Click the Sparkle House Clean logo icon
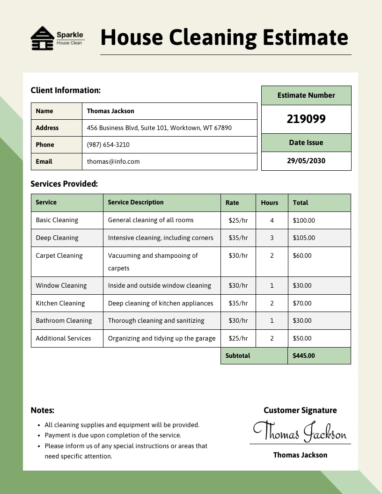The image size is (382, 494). tap(42, 38)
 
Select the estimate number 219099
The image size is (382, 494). tap(306, 119)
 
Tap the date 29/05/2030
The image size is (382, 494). tap(306, 161)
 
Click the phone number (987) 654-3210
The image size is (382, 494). tap(108, 145)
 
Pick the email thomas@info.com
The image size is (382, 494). tap(113, 161)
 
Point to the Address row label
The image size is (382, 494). tap(47, 128)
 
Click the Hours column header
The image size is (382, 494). tap(269, 203)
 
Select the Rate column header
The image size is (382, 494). tap(232, 203)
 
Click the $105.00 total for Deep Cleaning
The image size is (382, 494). tap(304, 238)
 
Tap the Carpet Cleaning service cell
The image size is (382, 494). tap(59, 255)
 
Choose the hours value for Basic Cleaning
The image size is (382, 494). tap(272, 220)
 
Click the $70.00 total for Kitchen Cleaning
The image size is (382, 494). tap(302, 303)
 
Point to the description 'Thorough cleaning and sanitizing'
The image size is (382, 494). tap(156, 320)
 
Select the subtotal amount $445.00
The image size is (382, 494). tap(304, 356)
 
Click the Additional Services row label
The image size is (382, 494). tap(63, 338)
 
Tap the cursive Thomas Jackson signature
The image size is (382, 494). tap(300, 431)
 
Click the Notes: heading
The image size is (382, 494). tap(43, 410)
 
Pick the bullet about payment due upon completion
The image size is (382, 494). tap(113, 435)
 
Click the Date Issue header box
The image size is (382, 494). tap(306, 143)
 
